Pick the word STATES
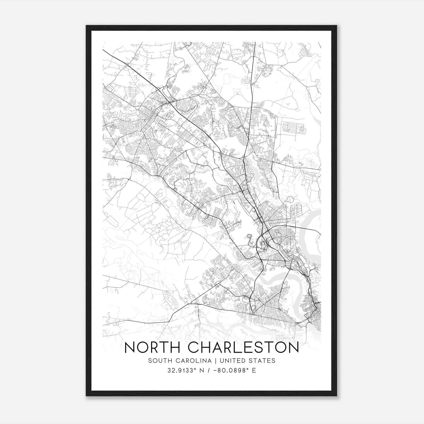click(x=263, y=361)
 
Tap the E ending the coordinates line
click(x=254, y=370)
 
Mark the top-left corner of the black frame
click(x=86, y=26)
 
